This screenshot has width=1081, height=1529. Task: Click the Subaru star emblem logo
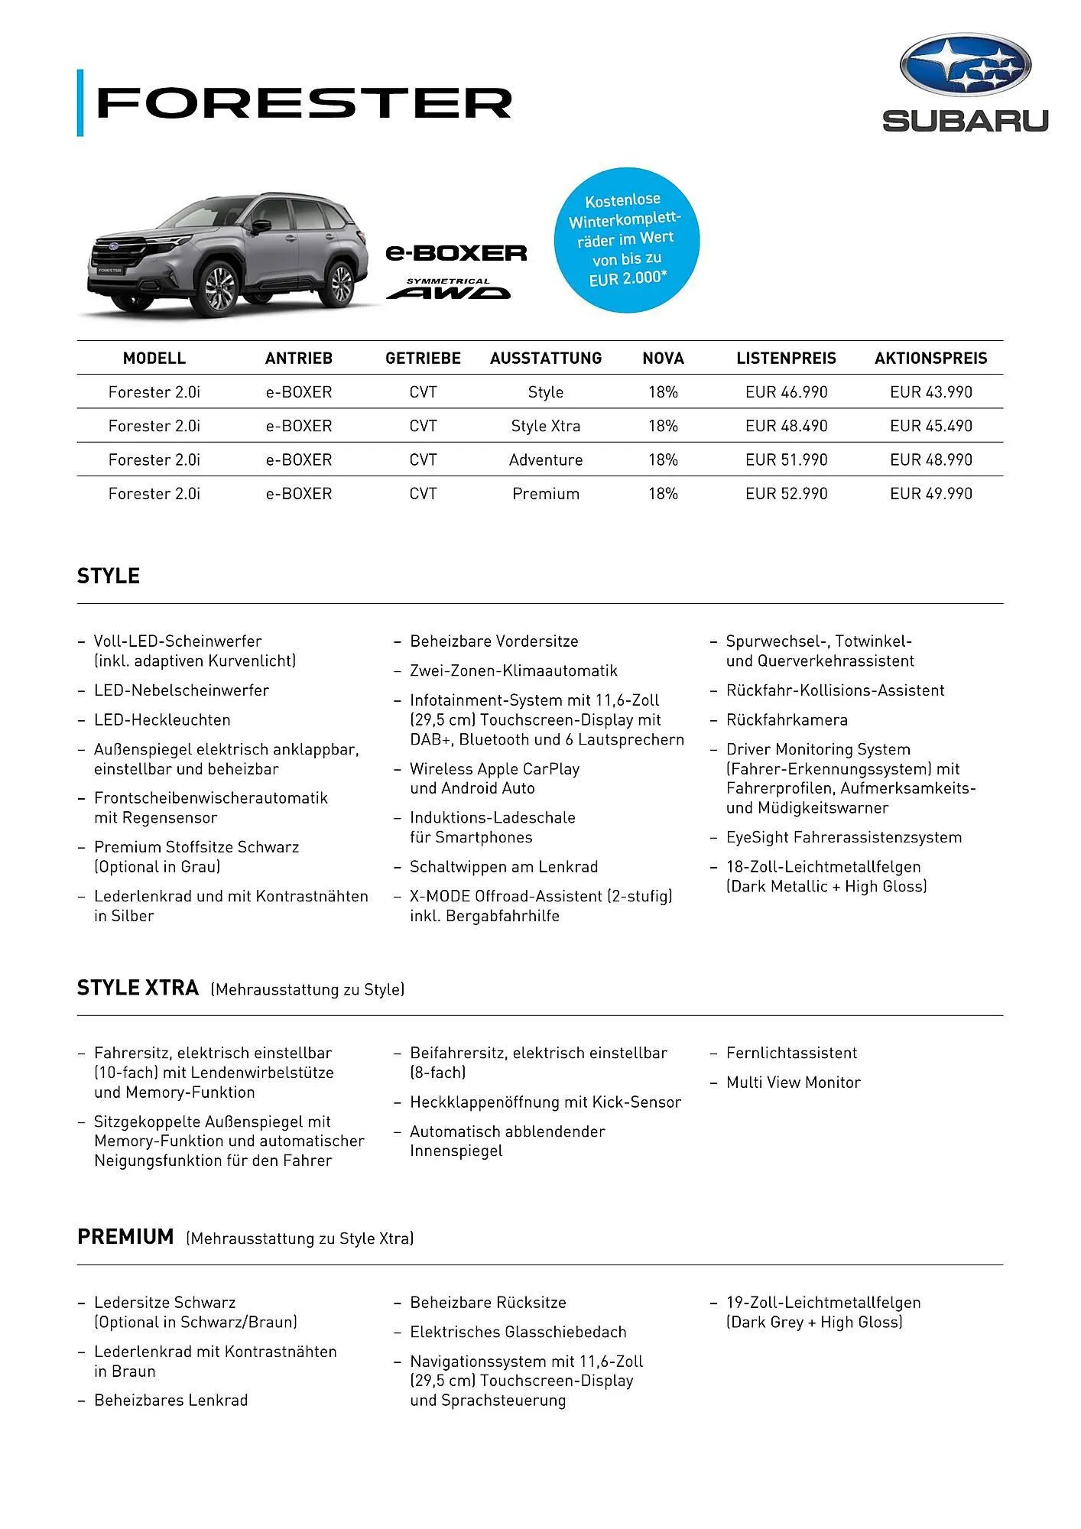tap(965, 65)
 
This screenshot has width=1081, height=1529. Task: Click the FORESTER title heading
tap(304, 103)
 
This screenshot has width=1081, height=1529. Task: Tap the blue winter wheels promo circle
tap(626, 240)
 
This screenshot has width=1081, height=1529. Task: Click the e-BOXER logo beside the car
tap(456, 252)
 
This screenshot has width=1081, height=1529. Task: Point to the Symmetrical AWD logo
tap(448, 289)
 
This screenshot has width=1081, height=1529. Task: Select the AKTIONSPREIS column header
tap(930, 358)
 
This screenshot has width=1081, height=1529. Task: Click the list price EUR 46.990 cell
tap(786, 392)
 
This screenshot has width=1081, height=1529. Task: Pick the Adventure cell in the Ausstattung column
tap(545, 459)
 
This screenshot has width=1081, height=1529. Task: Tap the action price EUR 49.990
tap(930, 494)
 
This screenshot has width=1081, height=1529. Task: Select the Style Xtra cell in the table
tap(545, 426)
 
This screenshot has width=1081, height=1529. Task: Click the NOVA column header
tap(663, 358)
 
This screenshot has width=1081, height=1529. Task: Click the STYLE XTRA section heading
tap(138, 988)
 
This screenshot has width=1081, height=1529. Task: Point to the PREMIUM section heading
tap(125, 1237)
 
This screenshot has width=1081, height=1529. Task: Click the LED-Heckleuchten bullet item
tap(162, 720)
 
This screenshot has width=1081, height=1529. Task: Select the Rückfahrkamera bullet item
tap(787, 720)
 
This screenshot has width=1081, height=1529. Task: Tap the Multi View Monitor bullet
tap(793, 1083)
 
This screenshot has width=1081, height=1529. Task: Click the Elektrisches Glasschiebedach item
tap(518, 1332)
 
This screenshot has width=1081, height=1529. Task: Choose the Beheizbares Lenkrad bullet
tap(170, 1401)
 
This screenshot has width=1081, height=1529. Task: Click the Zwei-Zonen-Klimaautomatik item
tap(513, 670)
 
